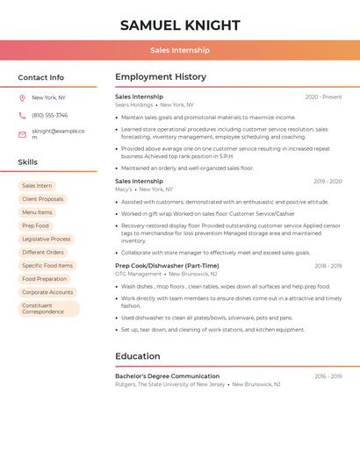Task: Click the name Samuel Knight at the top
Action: [x=180, y=25]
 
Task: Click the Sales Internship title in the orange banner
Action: [x=180, y=51]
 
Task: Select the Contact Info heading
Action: [x=41, y=77]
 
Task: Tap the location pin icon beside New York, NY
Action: [x=22, y=97]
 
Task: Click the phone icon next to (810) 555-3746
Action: [x=22, y=115]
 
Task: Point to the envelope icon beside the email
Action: [x=22, y=134]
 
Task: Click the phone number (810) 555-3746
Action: [x=49, y=115]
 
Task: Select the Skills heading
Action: [x=28, y=162]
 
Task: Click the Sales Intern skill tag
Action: [x=37, y=186]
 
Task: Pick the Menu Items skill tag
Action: [x=37, y=212]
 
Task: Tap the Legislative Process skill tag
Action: [x=47, y=239]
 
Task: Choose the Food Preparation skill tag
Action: [x=45, y=279]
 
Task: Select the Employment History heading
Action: [x=161, y=77]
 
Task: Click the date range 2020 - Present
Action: [x=323, y=97]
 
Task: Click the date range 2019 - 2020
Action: [x=328, y=182]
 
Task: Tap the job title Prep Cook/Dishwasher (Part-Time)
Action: [x=167, y=266]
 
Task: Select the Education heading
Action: [x=138, y=356]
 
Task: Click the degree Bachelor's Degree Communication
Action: [x=167, y=376]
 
